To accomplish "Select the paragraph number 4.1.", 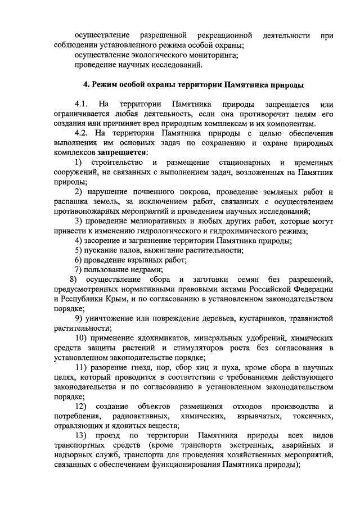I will click(82, 105).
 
